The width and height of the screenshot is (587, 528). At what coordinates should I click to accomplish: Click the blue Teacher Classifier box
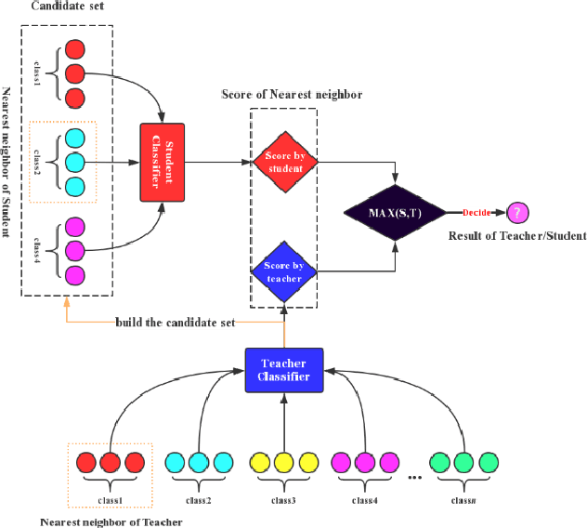(283, 368)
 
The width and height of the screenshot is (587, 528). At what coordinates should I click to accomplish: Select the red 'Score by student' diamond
(284, 162)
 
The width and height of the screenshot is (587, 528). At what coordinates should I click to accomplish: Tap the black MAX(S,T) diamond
(397, 212)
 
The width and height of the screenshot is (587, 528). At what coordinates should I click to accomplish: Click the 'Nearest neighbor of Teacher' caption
(111, 521)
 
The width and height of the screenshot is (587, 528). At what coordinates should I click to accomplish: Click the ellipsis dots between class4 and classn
(414, 476)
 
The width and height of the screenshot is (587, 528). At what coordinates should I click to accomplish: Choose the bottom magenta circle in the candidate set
(77, 275)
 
